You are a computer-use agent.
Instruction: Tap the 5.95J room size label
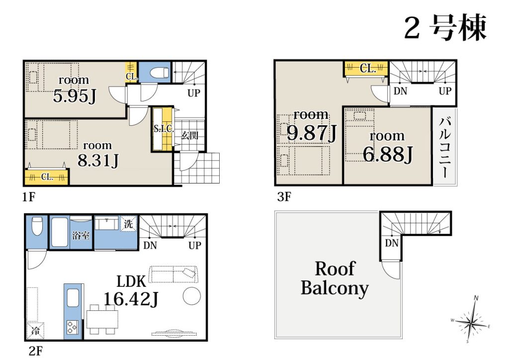pyautogui.click(x=75, y=96)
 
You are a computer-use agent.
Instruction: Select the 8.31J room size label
pyautogui.click(x=98, y=161)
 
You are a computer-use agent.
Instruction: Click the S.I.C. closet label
pyautogui.click(x=164, y=129)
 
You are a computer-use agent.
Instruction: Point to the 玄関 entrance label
pyautogui.click(x=189, y=135)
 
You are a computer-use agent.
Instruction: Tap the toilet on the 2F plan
pyautogui.click(x=37, y=225)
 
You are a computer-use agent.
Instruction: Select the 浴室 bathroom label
pyautogui.click(x=81, y=235)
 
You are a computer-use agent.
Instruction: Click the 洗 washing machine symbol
pyautogui.click(x=129, y=224)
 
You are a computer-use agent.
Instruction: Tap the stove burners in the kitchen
pyautogui.click(x=72, y=327)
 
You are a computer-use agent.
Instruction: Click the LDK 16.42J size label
pyautogui.click(x=131, y=291)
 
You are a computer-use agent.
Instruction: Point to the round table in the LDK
pyautogui.click(x=192, y=296)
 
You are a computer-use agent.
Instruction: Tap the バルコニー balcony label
pyautogui.click(x=445, y=148)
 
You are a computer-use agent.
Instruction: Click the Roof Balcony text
pyautogui.click(x=335, y=278)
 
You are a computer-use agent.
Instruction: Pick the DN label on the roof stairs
pyautogui.click(x=392, y=243)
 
